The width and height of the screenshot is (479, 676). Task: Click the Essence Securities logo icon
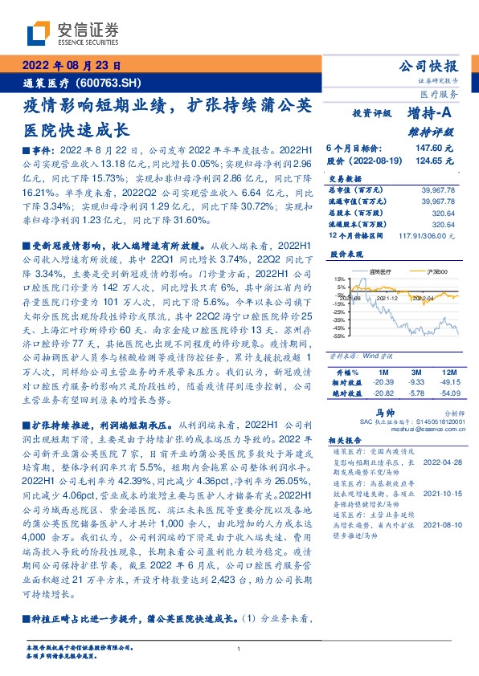click(40, 33)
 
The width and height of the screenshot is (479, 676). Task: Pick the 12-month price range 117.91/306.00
click(427, 235)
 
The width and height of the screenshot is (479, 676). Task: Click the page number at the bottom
click(239, 649)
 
